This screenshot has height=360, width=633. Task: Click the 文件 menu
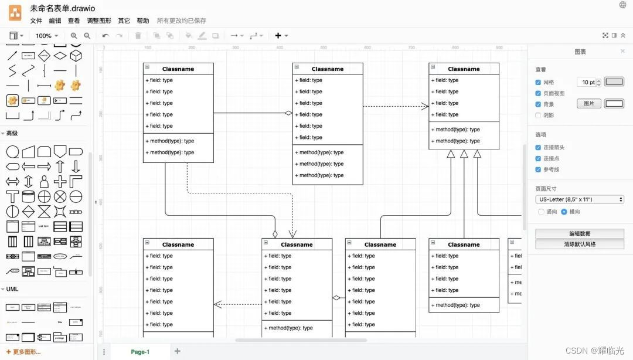(x=36, y=21)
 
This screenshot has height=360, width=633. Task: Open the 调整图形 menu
(x=98, y=21)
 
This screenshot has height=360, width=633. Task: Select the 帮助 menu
(x=142, y=21)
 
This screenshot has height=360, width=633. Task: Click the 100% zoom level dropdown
(x=46, y=36)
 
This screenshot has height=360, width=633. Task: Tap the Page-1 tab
(x=140, y=352)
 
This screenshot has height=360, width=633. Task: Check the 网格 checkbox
(x=538, y=83)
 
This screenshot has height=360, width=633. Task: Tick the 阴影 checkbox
(x=538, y=116)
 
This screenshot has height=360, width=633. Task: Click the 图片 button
(x=589, y=104)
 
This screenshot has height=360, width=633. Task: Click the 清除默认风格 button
(x=579, y=244)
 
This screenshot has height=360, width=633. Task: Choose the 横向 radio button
(x=564, y=212)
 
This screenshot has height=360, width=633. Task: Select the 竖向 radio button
(x=541, y=212)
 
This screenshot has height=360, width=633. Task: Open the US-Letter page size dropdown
(x=579, y=199)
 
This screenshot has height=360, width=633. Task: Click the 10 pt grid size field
(x=587, y=83)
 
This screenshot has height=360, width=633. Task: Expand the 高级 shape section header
(x=12, y=133)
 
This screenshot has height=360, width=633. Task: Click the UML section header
(x=12, y=289)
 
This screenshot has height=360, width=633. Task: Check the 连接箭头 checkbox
(x=538, y=148)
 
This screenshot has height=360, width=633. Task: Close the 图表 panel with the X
(x=623, y=52)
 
